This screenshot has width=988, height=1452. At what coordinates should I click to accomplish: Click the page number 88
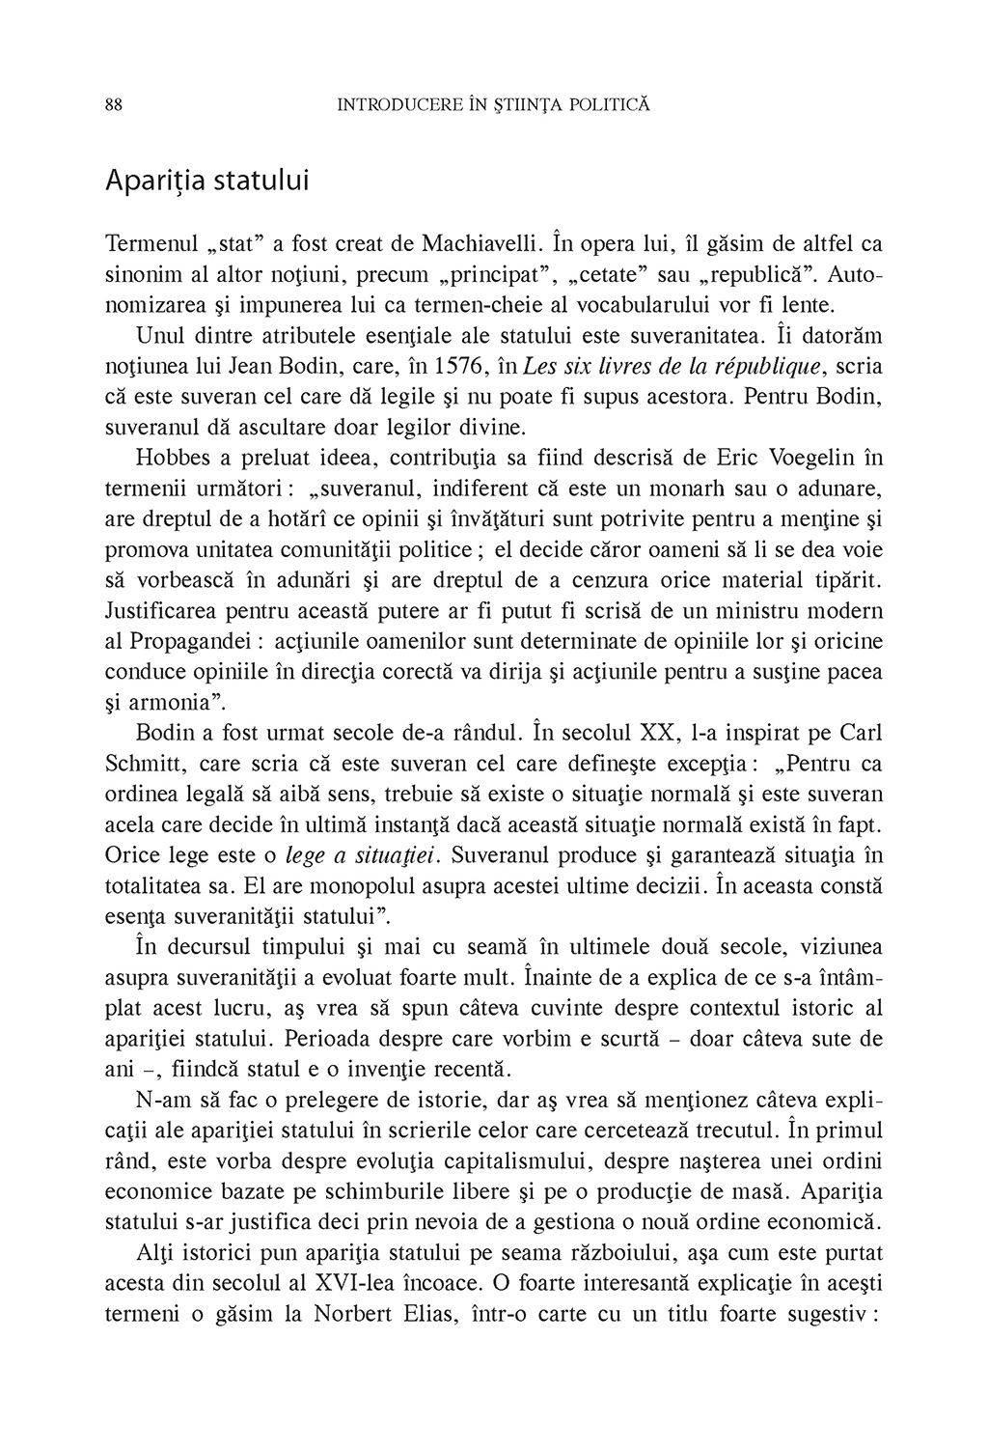(x=112, y=104)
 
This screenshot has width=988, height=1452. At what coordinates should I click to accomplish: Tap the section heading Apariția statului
(x=207, y=181)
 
